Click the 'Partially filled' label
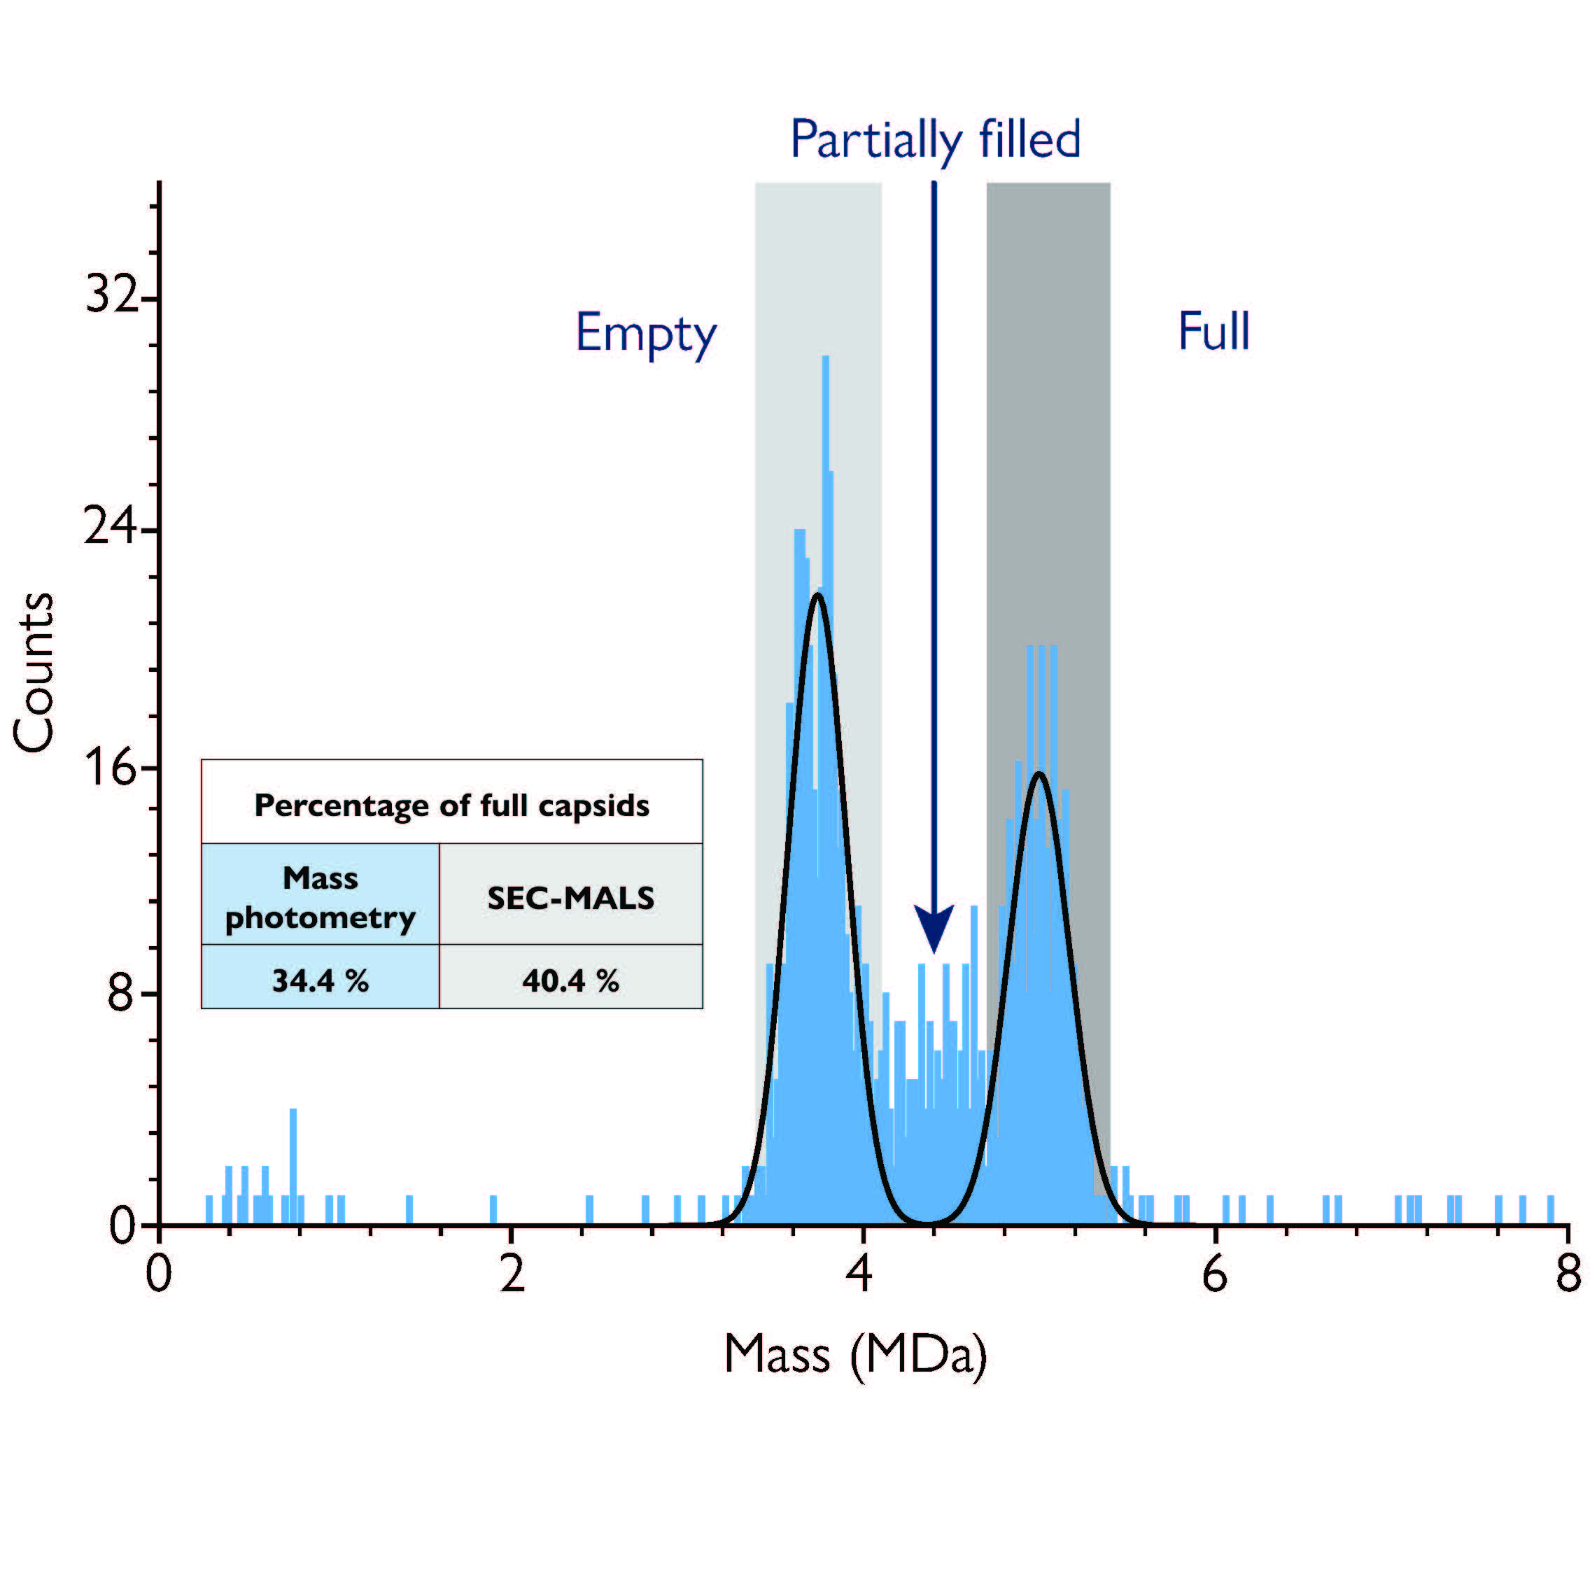tap(935, 141)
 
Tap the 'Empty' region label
tap(646, 333)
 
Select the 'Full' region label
tap(1214, 332)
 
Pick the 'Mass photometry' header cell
tap(320, 898)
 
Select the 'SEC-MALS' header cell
tap(570, 898)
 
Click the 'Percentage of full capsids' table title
tap(452, 805)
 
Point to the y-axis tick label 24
tap(109, 528)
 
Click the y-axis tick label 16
tap(109, 768)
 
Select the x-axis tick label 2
tap(512, 1275)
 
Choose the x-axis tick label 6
tap(1215, 1275)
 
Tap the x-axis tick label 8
tap(1567, 1275)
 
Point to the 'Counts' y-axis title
tap(34, 672)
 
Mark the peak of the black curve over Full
tap(1040, 773)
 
